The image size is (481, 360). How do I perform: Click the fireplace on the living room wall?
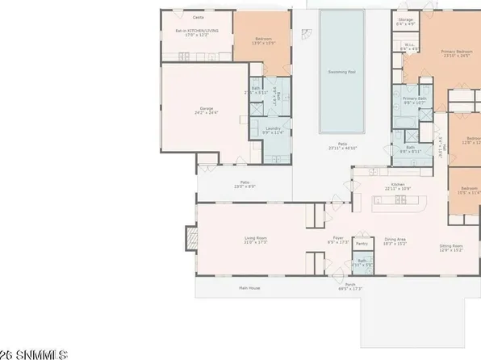190,239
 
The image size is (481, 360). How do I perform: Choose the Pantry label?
362,242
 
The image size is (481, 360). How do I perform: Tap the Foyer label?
339,239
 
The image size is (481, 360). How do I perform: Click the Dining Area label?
395,240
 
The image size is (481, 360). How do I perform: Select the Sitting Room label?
451,245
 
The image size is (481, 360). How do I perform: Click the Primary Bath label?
415,99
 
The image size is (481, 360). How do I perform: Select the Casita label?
196,16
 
